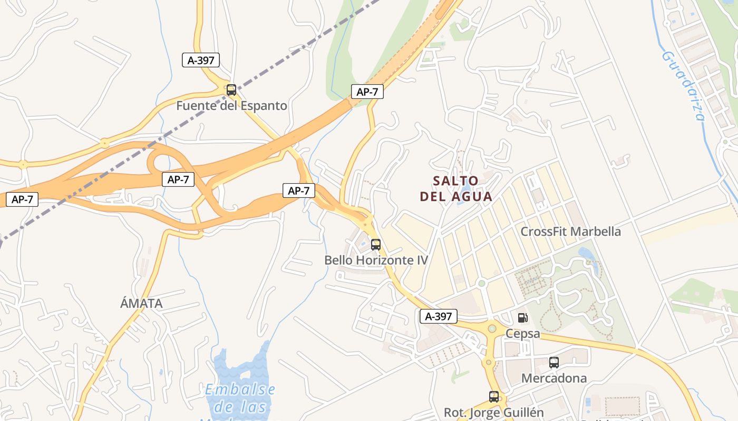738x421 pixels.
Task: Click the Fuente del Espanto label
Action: pyautogui.click(x=231, y=106)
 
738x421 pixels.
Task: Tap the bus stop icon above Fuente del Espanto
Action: pyautogui.click(x=231, y=90)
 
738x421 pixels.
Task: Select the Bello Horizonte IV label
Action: pyautogui.click(x=376, y=260)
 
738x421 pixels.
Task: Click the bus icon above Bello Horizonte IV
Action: pyautogui.click(x=376, y=245)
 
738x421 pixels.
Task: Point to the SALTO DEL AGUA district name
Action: pyautogui.click(x=456, y=189)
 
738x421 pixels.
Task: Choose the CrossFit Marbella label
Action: pyautogui.click(x=570, y=232)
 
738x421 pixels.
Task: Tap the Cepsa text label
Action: pyautogui.click(x=523, y=334)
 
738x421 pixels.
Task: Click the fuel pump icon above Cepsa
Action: pyautogui.click(x=522, y=318)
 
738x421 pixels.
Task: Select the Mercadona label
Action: pyautogui.click(x=553, y=378)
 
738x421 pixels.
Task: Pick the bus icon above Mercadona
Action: pyautogui.click(x=553, y=363)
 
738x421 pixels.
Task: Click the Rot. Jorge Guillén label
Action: pyautogui.click(x=493, y=413)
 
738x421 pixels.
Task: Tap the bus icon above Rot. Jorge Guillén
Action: pyautogui.click(x=494, y=397)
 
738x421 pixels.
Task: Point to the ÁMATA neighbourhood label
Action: pyautogui.click(x=141, y=304)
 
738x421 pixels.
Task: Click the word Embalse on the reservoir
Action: pyautogui.click(x=240, y=390)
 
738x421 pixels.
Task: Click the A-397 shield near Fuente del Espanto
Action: pyautogui.click(x=201, y=60)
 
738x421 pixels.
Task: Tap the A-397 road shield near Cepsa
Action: pyautogui.click(x=438, y=316)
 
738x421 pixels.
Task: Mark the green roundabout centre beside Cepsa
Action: pyautogui.click(x=492, y=329)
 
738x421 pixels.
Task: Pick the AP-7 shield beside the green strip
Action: pyautogui.click(x=367, y=92)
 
